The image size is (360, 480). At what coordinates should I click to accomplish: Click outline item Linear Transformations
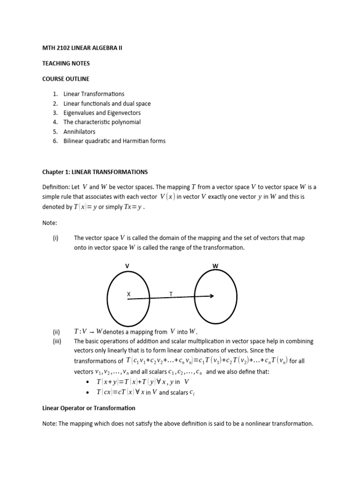[x=94, y=94]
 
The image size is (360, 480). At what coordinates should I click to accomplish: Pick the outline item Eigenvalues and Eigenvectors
[x=102, y=113]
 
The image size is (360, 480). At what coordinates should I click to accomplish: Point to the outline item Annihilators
[x=79, y=132]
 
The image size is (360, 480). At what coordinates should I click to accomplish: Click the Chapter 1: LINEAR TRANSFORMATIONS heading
[x=95, y=172]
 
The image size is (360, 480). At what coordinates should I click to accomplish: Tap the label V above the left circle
[x=127, y=266]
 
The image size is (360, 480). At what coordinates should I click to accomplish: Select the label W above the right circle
[x=215, y=266]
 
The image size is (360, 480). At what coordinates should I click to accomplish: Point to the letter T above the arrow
[x=171, y=294]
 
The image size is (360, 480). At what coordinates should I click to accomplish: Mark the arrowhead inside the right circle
[x=212, y=296]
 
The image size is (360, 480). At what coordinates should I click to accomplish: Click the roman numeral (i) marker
[x=55, y=238]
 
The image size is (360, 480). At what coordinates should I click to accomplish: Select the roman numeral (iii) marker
[x=56, y=341]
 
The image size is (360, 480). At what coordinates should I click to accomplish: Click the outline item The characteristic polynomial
[x=102, y=122]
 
